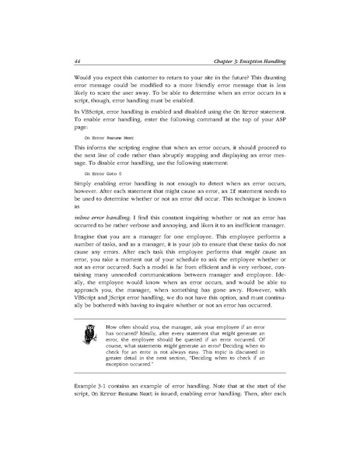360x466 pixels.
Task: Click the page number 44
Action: click(55, 62)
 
